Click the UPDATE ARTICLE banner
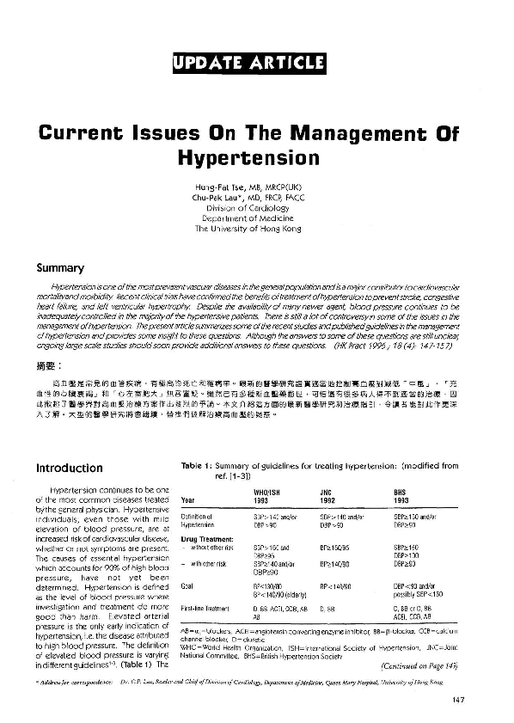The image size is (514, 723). tap(249, 63)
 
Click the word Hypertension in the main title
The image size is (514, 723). tap(248, 158)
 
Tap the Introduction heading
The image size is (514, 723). tap(69, 469)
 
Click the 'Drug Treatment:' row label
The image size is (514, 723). tap(203, 539)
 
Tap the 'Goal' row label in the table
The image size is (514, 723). tap(187, 587)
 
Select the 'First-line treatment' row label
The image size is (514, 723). tap(205, 608)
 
